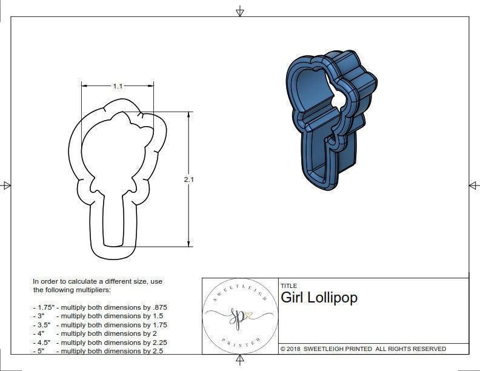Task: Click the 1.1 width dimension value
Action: click(118, 87)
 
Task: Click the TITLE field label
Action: click(288, 286)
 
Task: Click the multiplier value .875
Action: click(159, 307)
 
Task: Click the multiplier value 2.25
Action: click(157, 343)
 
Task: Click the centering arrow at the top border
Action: click(241, 12)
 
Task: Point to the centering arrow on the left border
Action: click(7, 185)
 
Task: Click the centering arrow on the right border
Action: click(473, 185)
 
